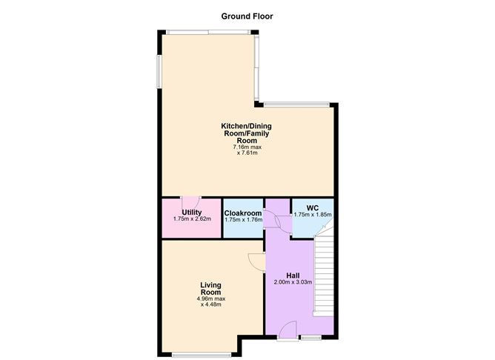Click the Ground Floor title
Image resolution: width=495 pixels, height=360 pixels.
point(247,16)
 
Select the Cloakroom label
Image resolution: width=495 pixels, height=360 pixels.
point(244,213)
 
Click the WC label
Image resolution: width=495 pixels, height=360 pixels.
point(313,207)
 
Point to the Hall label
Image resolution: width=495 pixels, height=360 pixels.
point(293,275)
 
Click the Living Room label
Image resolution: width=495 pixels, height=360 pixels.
point(210,287)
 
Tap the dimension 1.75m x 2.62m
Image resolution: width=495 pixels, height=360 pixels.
point(192,219)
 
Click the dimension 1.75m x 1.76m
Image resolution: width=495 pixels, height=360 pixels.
point(244,219)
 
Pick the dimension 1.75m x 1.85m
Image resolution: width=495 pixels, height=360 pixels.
point(313,214)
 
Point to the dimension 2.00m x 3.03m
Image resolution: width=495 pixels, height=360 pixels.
point(293,282)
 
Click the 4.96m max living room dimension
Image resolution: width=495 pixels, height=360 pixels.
point(210,299)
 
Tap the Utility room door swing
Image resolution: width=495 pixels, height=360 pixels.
point(190,204)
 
